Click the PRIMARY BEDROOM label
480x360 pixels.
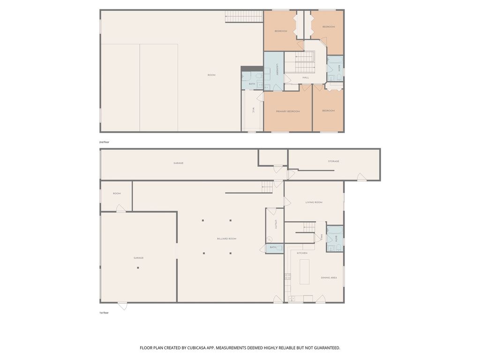point(287,111)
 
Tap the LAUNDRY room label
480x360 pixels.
point(277,70)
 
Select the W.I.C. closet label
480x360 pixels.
point(253,110)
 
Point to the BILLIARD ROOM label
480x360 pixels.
point(226,239)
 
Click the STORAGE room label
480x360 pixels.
point(333,161)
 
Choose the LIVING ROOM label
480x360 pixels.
point(314,202)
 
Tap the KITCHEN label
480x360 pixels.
point(302,253)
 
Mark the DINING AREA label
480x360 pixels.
point(329,277)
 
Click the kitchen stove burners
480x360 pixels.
point(288,277)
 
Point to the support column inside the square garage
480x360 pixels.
point(138,268)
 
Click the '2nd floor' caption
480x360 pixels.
point(104,142)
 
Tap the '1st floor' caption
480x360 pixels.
point(104,312)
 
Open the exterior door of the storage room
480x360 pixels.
point(362,178)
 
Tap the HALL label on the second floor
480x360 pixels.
point(306,77)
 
